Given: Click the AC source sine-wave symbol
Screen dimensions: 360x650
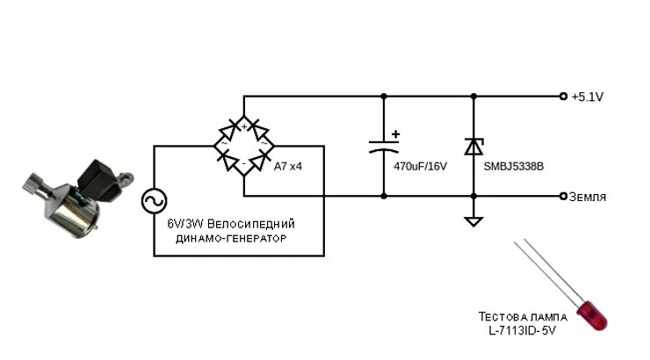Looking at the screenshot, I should tap(155, 202).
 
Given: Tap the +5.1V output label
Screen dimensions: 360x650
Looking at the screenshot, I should tap(587, 97).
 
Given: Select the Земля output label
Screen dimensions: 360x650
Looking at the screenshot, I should tap(588, 196).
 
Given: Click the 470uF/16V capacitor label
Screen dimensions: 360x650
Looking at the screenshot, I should tap(421, 166).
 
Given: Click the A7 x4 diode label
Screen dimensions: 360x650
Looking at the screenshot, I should tap(289, 166).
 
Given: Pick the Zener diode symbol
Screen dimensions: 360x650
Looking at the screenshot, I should tap(473, 146).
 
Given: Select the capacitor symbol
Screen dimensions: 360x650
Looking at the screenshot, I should tap(384, 146).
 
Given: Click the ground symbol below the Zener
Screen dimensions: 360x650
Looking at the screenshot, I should tap(473, 220).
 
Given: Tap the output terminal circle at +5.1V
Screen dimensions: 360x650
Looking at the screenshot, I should tap(563, 97).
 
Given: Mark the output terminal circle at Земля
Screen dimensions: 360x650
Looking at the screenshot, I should tap(563, 196).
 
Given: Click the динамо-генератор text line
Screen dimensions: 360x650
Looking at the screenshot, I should tap(231, 238).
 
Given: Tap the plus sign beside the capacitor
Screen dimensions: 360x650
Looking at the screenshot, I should tap(395, 134).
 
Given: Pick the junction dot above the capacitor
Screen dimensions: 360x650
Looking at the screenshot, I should tap(384, 97).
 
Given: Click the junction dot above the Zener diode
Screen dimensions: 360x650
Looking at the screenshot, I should tap(473, 97).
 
